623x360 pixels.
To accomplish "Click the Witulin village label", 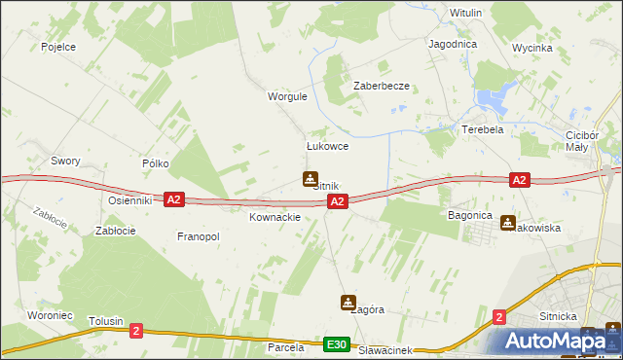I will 466,13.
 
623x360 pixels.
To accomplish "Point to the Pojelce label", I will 58,46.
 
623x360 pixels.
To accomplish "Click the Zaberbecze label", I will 381,86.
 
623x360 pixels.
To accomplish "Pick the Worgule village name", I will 287,96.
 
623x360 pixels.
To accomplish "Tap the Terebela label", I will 482,129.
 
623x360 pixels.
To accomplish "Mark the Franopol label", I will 199,236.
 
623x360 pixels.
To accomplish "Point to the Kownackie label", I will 275,217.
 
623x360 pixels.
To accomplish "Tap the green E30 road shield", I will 337,344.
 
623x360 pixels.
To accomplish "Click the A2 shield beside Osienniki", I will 173,199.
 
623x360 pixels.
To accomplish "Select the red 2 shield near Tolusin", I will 135,331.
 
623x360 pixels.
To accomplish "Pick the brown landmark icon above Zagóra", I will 348,303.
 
